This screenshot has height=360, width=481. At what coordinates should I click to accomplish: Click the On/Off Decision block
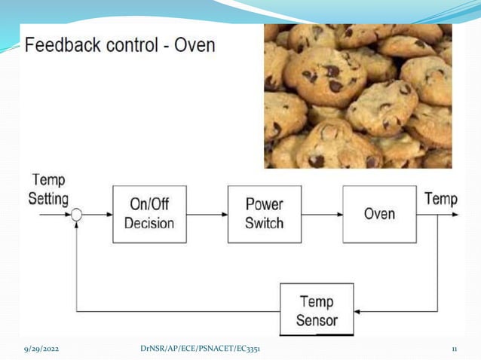(149, 214)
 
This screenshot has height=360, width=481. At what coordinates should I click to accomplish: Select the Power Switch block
(264, 214)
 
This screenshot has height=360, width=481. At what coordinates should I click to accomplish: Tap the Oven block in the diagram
(378, 214)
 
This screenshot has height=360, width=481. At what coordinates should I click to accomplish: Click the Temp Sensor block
(317, 310)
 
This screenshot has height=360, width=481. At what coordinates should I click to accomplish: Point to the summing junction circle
(76, 215)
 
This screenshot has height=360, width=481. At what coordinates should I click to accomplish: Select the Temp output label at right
(440, 199)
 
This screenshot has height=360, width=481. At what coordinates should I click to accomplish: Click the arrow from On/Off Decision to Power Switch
(207, 215)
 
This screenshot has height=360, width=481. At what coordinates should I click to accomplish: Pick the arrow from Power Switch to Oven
(322, 215)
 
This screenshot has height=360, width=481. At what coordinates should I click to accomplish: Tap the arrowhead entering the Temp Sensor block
(359, 311)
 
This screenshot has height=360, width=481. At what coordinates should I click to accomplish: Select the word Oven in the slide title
(195, 45)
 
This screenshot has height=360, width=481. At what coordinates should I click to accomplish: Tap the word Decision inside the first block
(149, 223)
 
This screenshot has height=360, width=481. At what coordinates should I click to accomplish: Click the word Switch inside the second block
(264, 223)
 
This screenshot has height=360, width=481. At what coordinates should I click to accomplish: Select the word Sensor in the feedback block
(317, 319)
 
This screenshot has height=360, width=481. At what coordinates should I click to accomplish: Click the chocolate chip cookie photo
(357, 96)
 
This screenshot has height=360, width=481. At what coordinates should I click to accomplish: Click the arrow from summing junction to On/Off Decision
(97, 215)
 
